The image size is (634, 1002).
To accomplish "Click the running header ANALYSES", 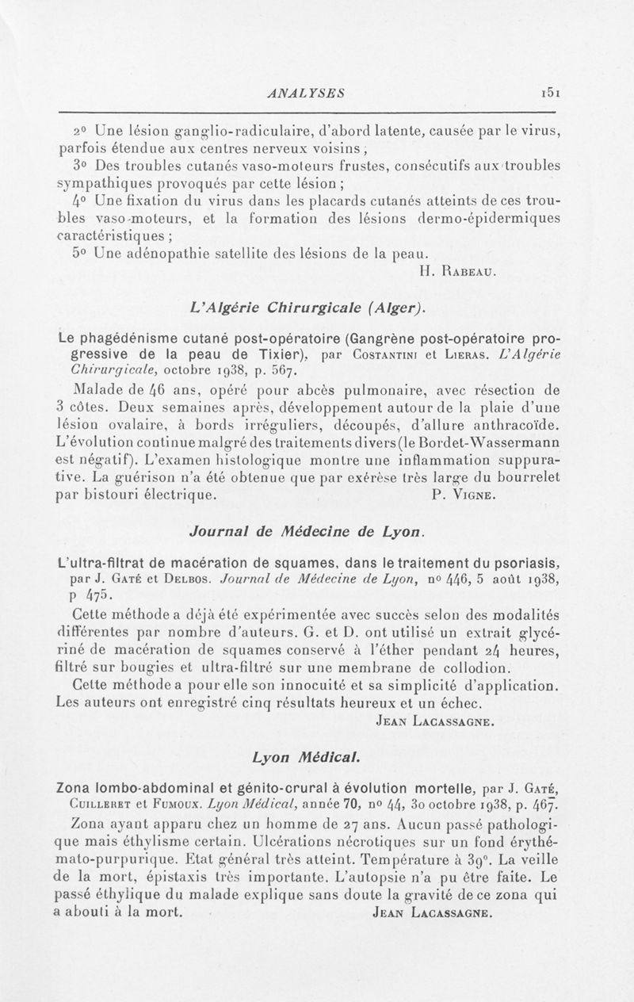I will [304, 93].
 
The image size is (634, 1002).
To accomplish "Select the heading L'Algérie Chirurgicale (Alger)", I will [305, 306].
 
